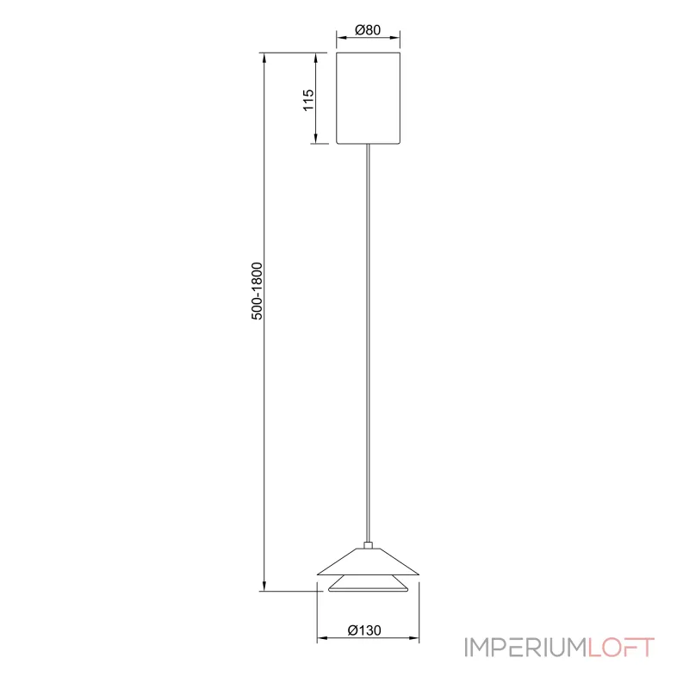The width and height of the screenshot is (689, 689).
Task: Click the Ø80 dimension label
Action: [368, 30]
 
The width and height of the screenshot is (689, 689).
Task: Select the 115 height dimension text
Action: [308, 100]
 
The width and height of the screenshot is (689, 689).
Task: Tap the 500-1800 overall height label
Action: [257, 291]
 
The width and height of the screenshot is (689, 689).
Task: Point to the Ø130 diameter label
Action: [364, 630]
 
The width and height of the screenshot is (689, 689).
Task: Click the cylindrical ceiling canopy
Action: [369, 98]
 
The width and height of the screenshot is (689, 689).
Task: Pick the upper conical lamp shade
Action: [369, 562]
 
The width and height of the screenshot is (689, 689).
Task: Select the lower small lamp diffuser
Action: [369, 584]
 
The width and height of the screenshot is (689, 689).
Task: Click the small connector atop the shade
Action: [369, 545]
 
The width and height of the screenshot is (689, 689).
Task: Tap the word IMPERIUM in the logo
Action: [525, 648]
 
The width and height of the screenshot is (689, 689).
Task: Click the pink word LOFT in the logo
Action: [621, 648]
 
